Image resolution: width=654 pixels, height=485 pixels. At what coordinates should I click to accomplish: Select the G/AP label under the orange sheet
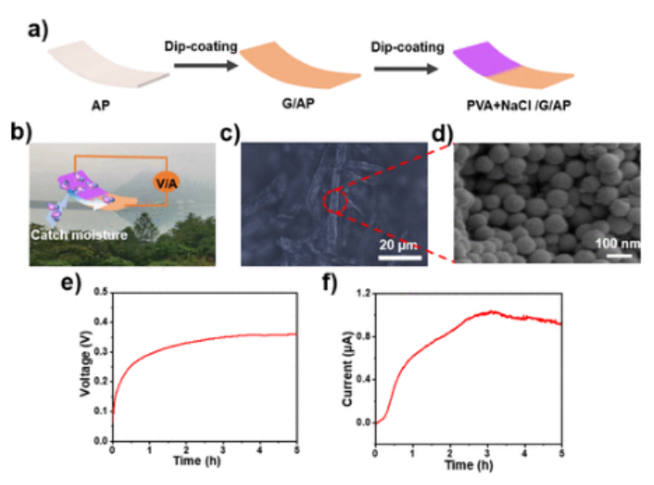coord(301,106)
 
